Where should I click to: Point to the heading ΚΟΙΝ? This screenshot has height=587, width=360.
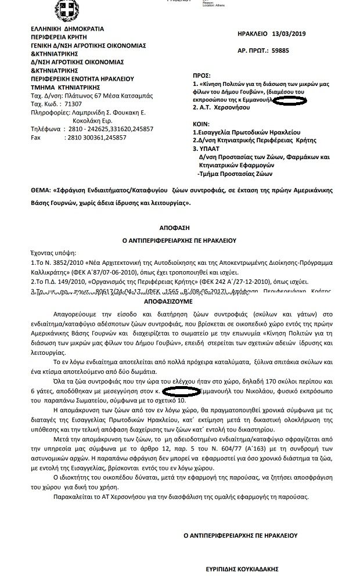pos(201,124)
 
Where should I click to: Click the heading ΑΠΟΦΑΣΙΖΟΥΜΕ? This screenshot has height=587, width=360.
pos(172,302)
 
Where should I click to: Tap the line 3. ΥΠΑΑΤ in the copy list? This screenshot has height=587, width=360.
pos(207,149)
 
